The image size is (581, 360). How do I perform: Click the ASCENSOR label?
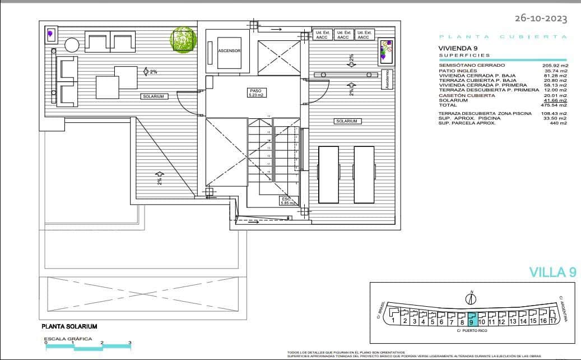point(230,50)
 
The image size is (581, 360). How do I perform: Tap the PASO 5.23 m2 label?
point(256,93)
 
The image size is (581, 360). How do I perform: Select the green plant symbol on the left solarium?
point(183,41)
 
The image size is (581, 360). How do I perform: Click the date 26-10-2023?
point(541,19)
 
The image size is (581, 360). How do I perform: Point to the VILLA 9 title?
point(552,273)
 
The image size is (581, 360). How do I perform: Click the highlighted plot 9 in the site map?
point(472,319)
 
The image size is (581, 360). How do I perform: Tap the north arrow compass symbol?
point(472,298)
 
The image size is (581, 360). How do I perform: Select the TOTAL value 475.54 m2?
point(555,105)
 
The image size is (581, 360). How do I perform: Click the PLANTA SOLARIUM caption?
point(69,326)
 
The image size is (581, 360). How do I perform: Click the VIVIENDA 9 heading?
point(457,49)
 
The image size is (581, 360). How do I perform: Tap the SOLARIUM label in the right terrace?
point(347,121)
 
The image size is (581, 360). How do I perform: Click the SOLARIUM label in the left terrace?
point(154,96)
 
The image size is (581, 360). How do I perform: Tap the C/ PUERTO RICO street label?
point(472,331)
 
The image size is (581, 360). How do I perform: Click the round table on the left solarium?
point(72,44)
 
